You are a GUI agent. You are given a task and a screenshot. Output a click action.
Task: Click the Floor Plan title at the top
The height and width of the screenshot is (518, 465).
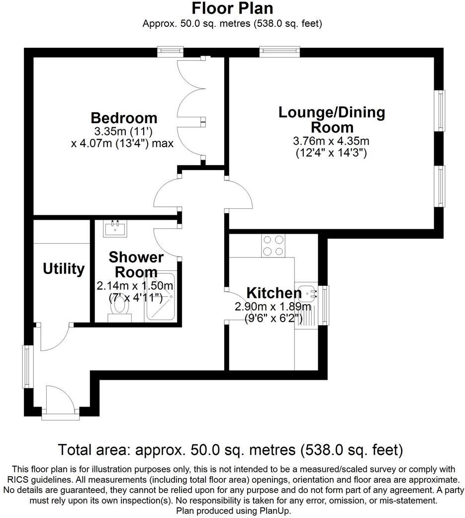click(232, 8)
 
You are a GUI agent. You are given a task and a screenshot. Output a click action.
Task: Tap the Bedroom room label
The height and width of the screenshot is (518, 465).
click(124, 118)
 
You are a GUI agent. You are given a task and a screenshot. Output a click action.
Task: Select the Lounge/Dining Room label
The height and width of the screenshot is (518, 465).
click(332, 119)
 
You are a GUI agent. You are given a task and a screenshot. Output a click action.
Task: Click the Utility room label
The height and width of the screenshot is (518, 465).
click(64, 269)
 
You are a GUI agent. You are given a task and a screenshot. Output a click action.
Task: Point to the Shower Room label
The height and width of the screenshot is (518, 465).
click(136, 264)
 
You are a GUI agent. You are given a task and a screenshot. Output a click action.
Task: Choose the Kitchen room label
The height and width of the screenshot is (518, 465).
click(274, 293)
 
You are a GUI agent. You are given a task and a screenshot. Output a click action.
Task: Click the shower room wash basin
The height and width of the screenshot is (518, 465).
click(116, 228)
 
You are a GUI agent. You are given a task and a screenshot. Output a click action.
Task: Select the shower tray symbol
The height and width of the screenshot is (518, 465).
click(160, 297)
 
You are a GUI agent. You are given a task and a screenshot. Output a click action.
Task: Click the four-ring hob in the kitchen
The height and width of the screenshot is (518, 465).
click(273, 245)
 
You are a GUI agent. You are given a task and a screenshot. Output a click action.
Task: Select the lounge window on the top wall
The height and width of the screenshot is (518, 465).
click(279, 51)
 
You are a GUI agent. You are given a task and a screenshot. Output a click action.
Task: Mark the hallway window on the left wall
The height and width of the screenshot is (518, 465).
click(27, 367)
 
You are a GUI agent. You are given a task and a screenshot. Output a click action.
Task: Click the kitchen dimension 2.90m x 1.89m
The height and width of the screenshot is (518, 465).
click(273, 307)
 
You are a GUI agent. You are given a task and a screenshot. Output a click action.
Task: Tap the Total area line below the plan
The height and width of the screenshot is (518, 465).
click(230, 450)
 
